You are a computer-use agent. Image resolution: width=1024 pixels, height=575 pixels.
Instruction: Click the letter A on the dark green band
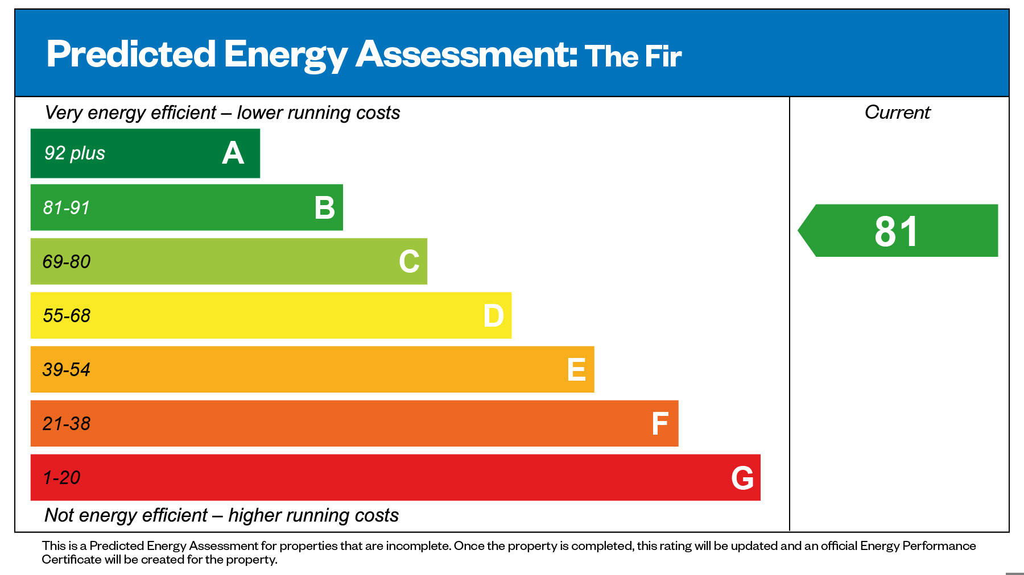(233, 153)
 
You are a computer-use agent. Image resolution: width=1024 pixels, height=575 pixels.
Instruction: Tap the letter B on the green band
(324, 208)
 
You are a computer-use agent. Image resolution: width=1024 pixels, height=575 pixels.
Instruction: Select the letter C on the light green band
(409, 262)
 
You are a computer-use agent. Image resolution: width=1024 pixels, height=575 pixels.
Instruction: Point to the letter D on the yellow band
(493, 316)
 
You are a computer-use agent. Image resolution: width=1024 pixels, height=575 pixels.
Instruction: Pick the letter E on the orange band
(576, 370)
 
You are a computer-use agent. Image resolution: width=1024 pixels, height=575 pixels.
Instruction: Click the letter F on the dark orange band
(660, 424)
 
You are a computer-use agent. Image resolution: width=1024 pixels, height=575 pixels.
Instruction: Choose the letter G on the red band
(742, 478)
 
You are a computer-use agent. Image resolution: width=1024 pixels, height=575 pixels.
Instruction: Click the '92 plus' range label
(75, 153)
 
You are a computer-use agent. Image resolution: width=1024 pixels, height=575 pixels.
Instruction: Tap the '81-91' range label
(67, 208)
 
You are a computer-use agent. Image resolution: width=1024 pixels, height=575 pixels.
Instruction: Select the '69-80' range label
(67, 262)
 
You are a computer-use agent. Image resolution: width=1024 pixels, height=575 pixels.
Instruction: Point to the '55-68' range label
(67, 316)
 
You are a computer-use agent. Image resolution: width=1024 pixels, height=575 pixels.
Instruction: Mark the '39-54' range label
(67, 370)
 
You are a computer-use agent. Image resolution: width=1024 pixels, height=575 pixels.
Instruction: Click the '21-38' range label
(67, 424)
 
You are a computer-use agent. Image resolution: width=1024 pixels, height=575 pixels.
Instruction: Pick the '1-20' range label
(61, 478)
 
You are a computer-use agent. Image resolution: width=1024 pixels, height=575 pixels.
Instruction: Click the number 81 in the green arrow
(897, 232)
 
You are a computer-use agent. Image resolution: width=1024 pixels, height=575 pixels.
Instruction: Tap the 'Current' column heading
(897, 113)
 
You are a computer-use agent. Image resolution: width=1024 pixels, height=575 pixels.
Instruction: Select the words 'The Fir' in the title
(633, 56)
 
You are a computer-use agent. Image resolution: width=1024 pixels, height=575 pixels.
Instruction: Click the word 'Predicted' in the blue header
(131, 55)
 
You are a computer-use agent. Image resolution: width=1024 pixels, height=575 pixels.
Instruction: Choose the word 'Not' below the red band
(59, 515)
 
